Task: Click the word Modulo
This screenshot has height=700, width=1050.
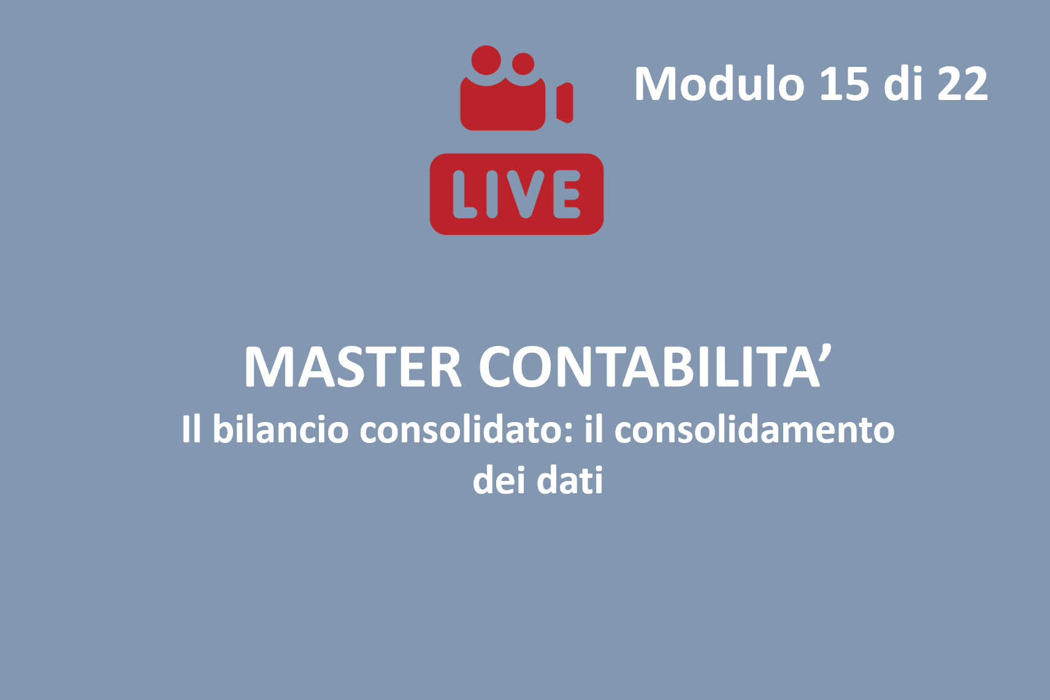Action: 719,84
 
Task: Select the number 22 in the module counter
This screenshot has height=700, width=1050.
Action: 962,84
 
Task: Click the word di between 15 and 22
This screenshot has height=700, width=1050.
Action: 903,84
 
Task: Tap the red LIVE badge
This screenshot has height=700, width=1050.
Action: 516,194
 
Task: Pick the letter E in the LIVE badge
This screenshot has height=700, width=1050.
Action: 567,194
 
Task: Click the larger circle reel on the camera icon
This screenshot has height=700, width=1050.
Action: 486,60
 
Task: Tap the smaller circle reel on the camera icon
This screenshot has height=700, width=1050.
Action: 523,64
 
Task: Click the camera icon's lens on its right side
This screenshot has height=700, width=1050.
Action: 565,102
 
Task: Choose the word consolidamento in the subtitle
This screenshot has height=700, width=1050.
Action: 754,429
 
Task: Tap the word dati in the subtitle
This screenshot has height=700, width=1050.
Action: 570,480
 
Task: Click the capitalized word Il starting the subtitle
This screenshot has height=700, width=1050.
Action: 192,429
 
